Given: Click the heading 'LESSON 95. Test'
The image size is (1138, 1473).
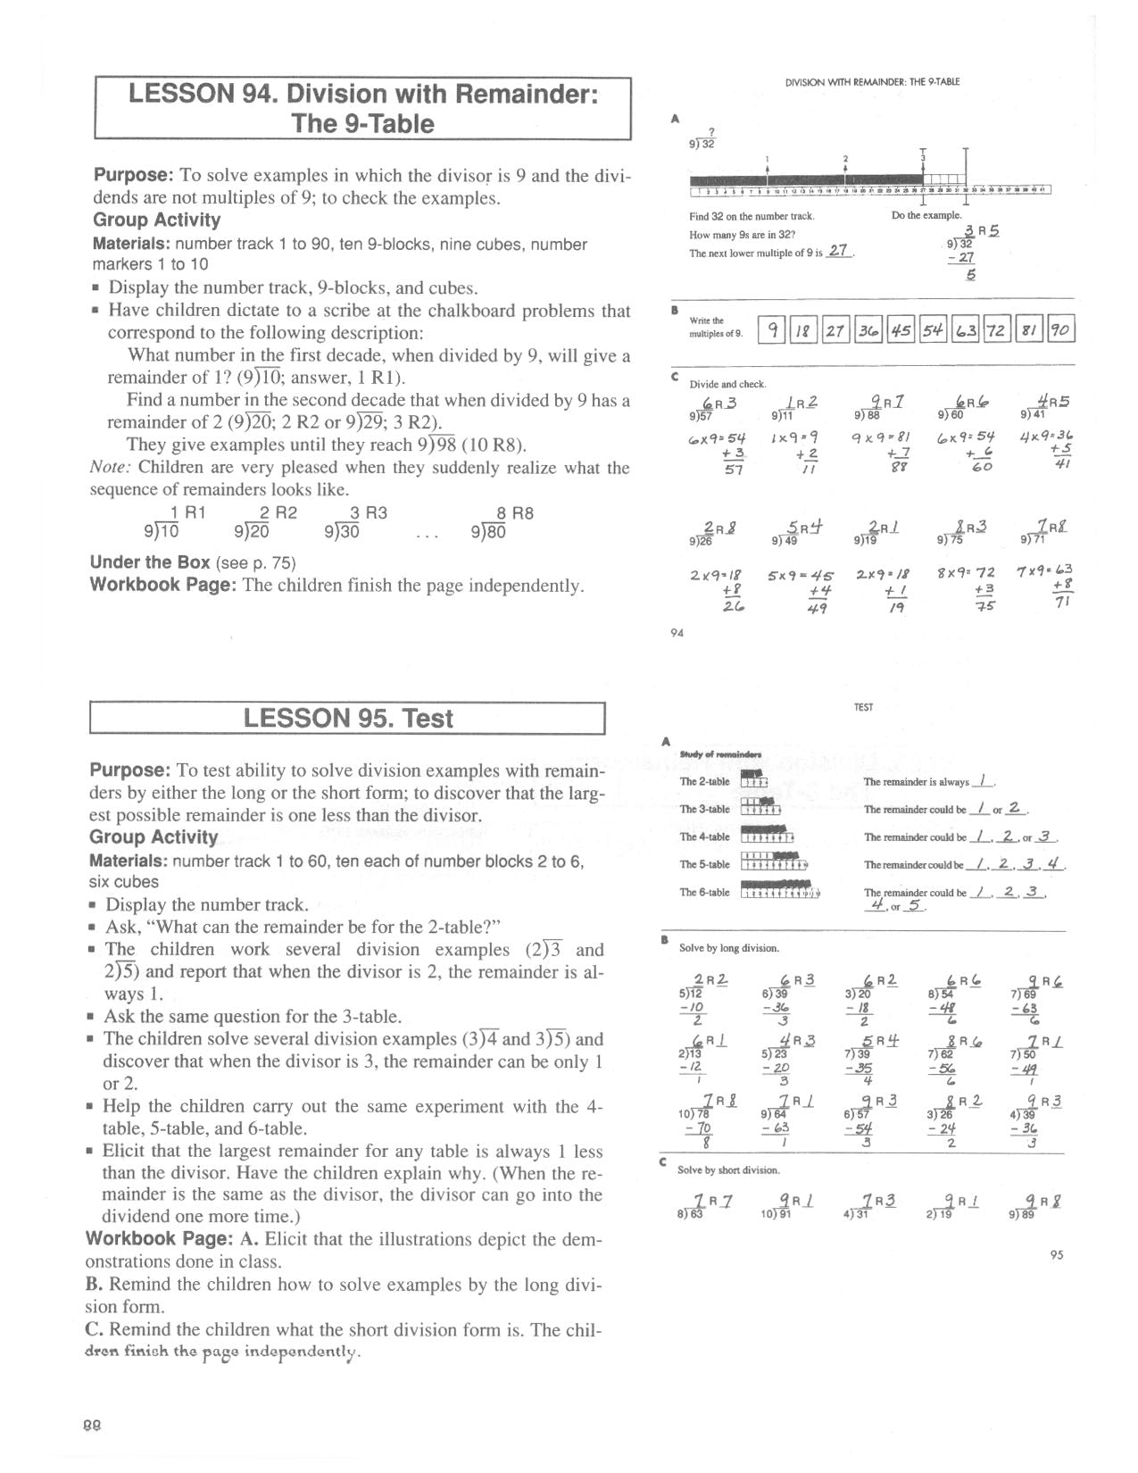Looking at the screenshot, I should (348, 719).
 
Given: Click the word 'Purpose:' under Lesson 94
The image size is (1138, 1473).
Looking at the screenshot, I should (132, 176).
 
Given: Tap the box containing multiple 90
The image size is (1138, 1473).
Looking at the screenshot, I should (1059, 330).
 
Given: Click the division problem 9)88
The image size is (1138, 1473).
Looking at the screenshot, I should (867, 414).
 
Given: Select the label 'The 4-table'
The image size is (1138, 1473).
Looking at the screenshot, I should (704, 837).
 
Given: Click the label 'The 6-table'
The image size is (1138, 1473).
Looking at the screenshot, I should (704, 893).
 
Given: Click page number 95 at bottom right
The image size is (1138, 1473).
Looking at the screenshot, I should (1057, 1255).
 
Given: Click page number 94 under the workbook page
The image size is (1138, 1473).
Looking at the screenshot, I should (677, 634).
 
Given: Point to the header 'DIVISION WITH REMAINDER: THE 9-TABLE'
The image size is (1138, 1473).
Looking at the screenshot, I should (872, 82).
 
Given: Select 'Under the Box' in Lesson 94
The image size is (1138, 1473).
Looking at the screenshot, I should (150, 562).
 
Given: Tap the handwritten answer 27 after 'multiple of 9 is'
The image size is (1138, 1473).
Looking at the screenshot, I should (837, 251).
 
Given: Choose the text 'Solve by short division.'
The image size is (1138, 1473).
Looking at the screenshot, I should (728, 1169).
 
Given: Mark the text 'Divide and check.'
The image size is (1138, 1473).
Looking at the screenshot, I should (727, 384).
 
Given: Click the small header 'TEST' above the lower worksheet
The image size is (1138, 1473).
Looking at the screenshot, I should (863, 707).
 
